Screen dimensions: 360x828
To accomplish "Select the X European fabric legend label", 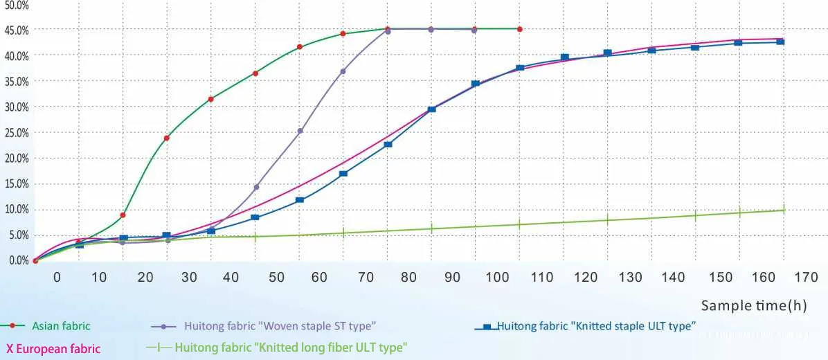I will click(x=53, y=349).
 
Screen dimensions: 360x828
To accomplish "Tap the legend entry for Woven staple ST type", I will click(x=280, y=325).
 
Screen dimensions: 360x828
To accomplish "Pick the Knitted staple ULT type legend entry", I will click(x=595, y=325).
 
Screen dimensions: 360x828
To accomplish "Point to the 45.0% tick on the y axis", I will click(x=15, y=30).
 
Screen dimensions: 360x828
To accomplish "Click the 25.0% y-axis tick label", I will click(x=15, y=132).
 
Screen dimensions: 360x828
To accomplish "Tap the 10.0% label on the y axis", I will click(x=15, y=209).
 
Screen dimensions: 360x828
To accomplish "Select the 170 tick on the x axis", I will click(x=806, y=278).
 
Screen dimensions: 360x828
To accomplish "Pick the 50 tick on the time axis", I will click(x=276, y=278).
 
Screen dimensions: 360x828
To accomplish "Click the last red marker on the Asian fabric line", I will click(x=519, y=29).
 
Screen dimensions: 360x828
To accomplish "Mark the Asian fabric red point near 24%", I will click(x=167, y=138).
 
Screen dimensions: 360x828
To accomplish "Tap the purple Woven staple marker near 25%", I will click(x=300, y=131).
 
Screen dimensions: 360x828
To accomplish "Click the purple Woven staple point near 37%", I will click(x=343, y=71).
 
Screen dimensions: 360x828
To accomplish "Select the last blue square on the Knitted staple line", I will click(x=780, y=42).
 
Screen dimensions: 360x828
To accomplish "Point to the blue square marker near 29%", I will click(x=431, y=109).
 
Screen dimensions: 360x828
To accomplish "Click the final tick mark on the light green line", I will click(x=784, y=209).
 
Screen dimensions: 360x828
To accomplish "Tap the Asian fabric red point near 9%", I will click(x=123, y=215).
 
